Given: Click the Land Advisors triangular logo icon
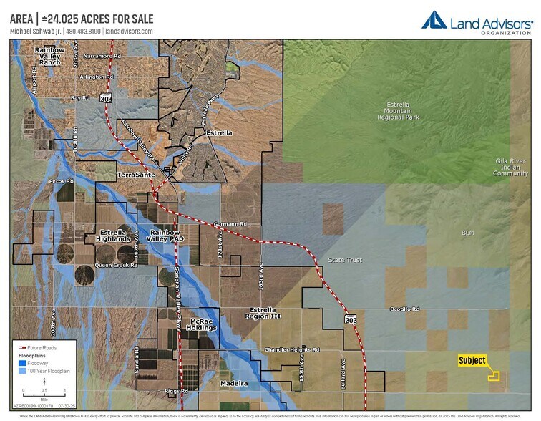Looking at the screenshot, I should tap(434, 20).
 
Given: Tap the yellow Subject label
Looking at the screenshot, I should tap(472, 361).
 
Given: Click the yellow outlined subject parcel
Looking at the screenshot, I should tap(494, 374).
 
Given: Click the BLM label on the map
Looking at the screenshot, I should tap(468, 233).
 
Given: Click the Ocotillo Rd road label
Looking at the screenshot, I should tap(404, 309).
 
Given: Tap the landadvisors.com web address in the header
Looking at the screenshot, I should tap(129, 32).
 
